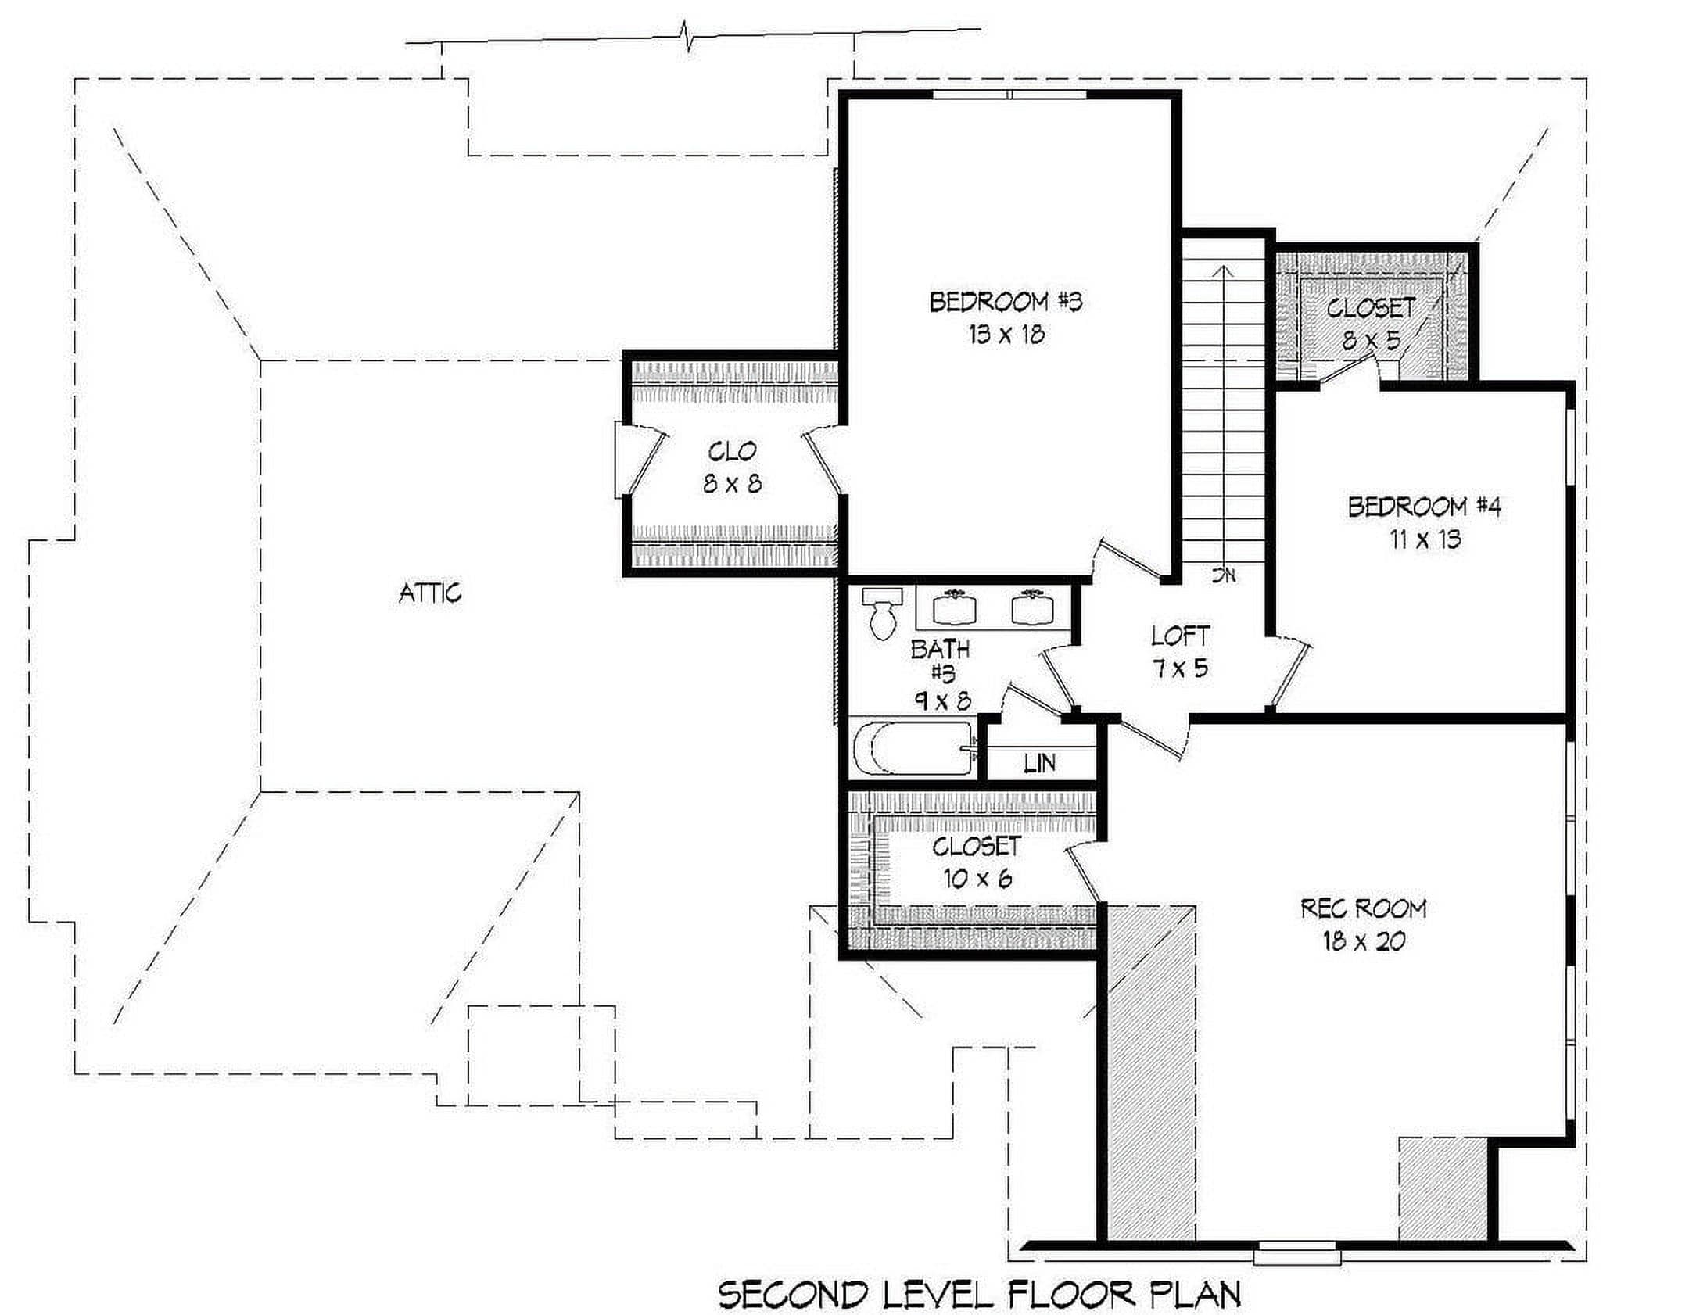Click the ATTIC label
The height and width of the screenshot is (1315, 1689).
pyautogui.click(x=430, y=593)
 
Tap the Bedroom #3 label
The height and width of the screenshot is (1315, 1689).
pyautogui.click(x=1006, y=302)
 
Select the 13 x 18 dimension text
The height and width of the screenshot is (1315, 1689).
pyautogui.click(x=1006, y=335)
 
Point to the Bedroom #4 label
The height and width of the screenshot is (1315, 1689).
pyautogui.click(x=1424, y=507)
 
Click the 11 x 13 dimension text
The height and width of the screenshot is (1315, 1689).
pyautogui.click(x=1425, y=539)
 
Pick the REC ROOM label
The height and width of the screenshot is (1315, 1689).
pyautogui.click(x=1364, y=908)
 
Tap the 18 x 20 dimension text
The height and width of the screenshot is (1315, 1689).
pyautogui.click(x=1364, y=941)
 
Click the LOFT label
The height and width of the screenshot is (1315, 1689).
pyautogui.click(x=1181, y=636)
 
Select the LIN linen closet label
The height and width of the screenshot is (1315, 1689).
pyautogui.click(x=1040, y=762)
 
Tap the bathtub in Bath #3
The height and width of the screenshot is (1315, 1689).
pyautogui.click(x=915, y=748)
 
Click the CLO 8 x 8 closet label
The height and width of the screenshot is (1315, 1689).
pyautogui.click(x=732, y=468)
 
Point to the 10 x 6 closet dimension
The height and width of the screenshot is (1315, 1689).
pyautogui.click(x=977, y=879)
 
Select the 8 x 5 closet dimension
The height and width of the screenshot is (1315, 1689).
pyautogui.click(x=1371, y=341)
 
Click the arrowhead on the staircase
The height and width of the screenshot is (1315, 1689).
pyautogui.click(x=1223, y=271)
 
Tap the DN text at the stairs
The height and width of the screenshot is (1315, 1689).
pyautogui.click(x=1224, y=575)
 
